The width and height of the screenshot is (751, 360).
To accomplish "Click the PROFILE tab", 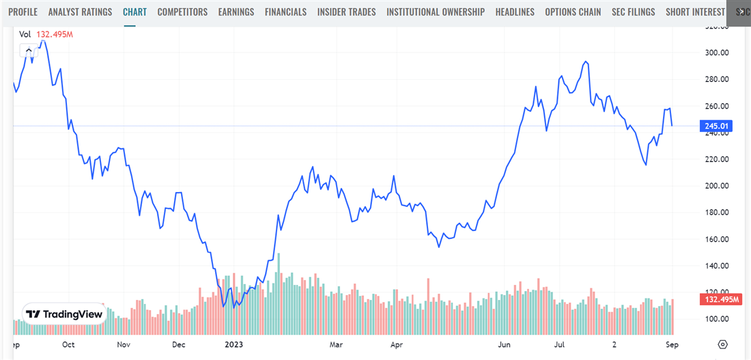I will coord(23,12).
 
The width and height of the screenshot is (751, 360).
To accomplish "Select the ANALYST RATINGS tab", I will coord(80,12).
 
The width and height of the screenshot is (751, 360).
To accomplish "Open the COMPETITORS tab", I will coord(182,12).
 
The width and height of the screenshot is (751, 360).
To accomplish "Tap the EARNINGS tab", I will coord(236,12).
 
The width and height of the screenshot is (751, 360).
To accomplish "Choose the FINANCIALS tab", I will coord(285,12).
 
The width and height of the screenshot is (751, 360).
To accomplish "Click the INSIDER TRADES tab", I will coord(346,12).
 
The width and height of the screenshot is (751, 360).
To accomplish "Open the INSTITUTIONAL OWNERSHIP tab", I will coord(436,12).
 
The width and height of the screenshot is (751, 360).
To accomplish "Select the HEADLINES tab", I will coord(515,12).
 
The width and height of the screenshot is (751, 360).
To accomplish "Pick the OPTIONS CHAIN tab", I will coord(573,12).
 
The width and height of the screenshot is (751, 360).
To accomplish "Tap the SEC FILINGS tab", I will coord(634,12).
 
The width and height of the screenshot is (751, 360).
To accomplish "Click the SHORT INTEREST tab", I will coord(695,12).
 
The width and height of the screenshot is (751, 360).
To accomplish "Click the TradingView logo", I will coord(64,314).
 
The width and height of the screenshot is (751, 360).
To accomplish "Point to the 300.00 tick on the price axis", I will coord(718,53).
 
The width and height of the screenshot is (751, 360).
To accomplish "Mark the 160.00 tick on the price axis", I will coord(718,239).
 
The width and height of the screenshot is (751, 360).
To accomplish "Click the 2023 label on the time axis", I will coord(234,345).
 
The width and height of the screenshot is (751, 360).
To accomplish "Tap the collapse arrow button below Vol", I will coord(28,50).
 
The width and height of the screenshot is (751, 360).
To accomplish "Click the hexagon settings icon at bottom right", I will coord(723,344).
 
